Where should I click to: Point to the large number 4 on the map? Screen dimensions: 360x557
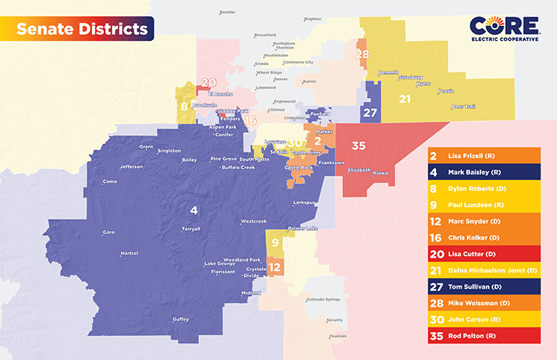click(194, 209)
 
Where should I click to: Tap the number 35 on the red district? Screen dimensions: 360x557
click(359, 145)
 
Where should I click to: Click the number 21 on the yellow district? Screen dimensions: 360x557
click(405, 99)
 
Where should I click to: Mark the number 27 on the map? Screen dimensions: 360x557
click(369, 114)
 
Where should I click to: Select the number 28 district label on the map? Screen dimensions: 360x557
click(362, 54)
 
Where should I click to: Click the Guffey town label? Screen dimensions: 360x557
click(180, 319)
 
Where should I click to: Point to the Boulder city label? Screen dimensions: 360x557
click(227, 13)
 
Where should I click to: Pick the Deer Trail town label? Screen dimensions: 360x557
click(463, 106)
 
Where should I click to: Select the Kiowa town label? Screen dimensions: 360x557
click(380, 173)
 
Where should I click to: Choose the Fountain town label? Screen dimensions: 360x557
click(338, 336)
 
